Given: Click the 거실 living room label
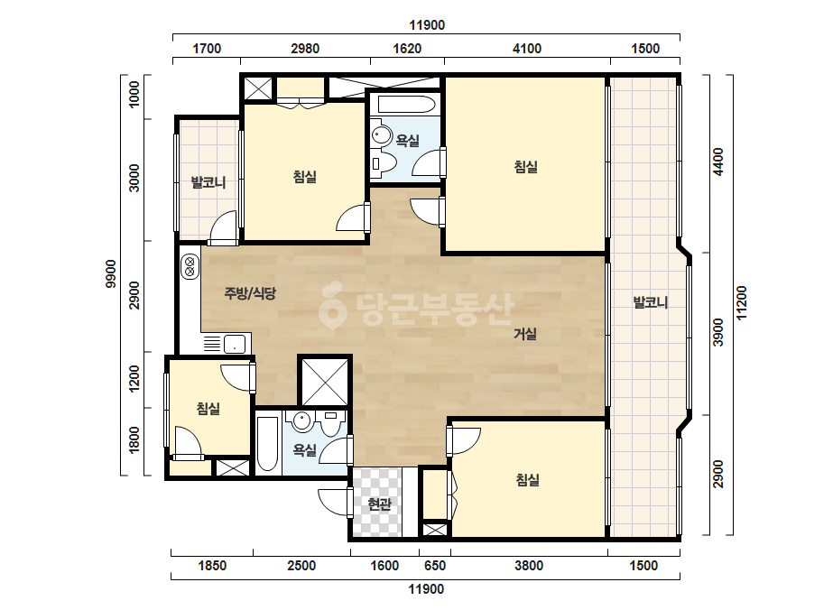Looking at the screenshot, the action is [x=525, y=334].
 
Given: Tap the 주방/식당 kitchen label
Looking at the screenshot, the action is [x=250, y=292].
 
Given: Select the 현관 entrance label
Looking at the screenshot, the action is [x=379, y=504].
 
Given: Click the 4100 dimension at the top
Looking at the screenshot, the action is [x=527, y=49].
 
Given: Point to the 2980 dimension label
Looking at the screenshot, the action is [x=305, y=49].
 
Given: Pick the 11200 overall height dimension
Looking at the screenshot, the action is [x=742, y=303].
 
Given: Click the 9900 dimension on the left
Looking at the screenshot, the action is [x=111, y=273].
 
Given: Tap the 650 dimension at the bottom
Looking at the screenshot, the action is [x=435, y=566].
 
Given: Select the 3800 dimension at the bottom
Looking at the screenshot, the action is [x=529, y=566].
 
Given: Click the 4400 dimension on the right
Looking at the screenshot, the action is [x=718, y=162].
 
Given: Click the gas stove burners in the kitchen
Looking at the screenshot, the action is [x=190, y=267].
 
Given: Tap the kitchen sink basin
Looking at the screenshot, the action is [x=235, y=344].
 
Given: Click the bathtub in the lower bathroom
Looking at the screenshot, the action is [x=267, y=444].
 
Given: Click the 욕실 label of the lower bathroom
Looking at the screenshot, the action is [x=305, y=450].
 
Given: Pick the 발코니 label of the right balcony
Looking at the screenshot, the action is [x=651, y=303].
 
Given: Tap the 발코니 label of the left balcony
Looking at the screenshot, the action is [x=208, y=183].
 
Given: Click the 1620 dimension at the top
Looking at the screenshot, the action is [x=407, y=49].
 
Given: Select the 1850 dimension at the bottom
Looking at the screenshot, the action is [x=212, y=566].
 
